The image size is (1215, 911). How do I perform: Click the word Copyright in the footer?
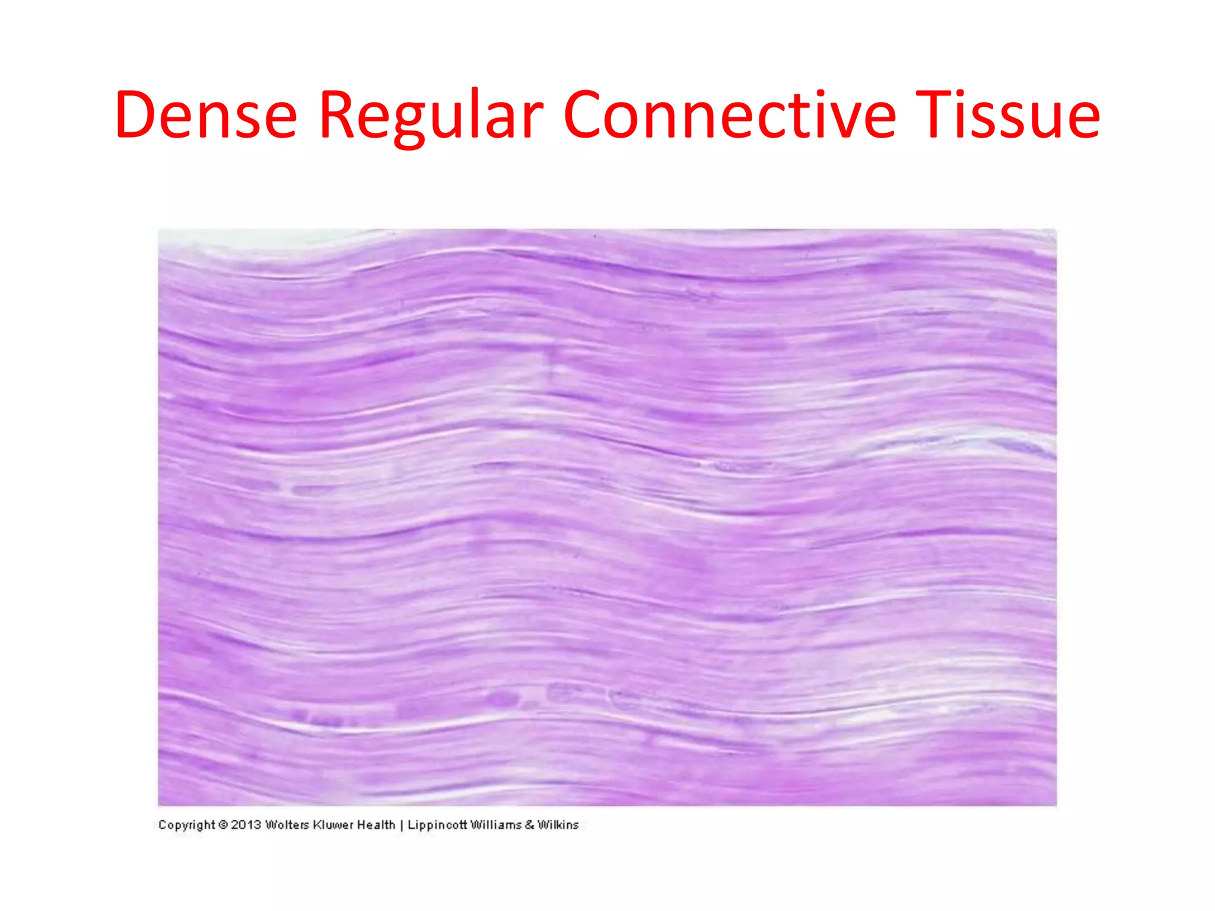[186, 825]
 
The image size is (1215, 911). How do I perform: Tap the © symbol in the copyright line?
[223, 824]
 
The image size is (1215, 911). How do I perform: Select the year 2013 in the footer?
[246, 824]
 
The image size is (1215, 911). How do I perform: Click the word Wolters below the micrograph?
[287, 824]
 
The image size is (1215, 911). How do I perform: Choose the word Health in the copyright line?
[376, 824]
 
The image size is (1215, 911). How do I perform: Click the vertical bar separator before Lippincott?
[402, 825]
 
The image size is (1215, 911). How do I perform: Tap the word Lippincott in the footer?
[437, 825]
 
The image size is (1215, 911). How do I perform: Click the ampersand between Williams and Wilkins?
[529, 824]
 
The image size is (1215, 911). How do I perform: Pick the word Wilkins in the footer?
[558, 824]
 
